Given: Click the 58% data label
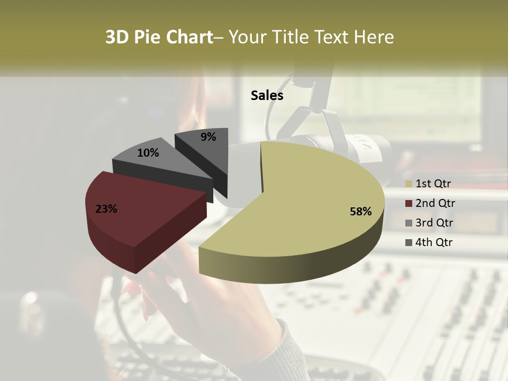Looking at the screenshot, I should click(360, 212).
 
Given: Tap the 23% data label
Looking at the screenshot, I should click(106, 209).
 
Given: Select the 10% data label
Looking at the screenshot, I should click(148, 153).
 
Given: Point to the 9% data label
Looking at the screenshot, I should click(208, 137).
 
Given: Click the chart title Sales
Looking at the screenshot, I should click(267, 95).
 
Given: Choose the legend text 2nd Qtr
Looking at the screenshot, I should click(435, 203).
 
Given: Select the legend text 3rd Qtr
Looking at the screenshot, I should click(434, 223).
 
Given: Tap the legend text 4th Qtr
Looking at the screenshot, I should click(434, 242).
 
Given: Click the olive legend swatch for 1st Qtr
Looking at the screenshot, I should click(409, 184).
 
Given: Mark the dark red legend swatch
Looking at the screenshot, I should click(409, 204).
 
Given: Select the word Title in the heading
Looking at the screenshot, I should click(291, 37).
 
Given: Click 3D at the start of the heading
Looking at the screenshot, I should click(117, 37).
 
